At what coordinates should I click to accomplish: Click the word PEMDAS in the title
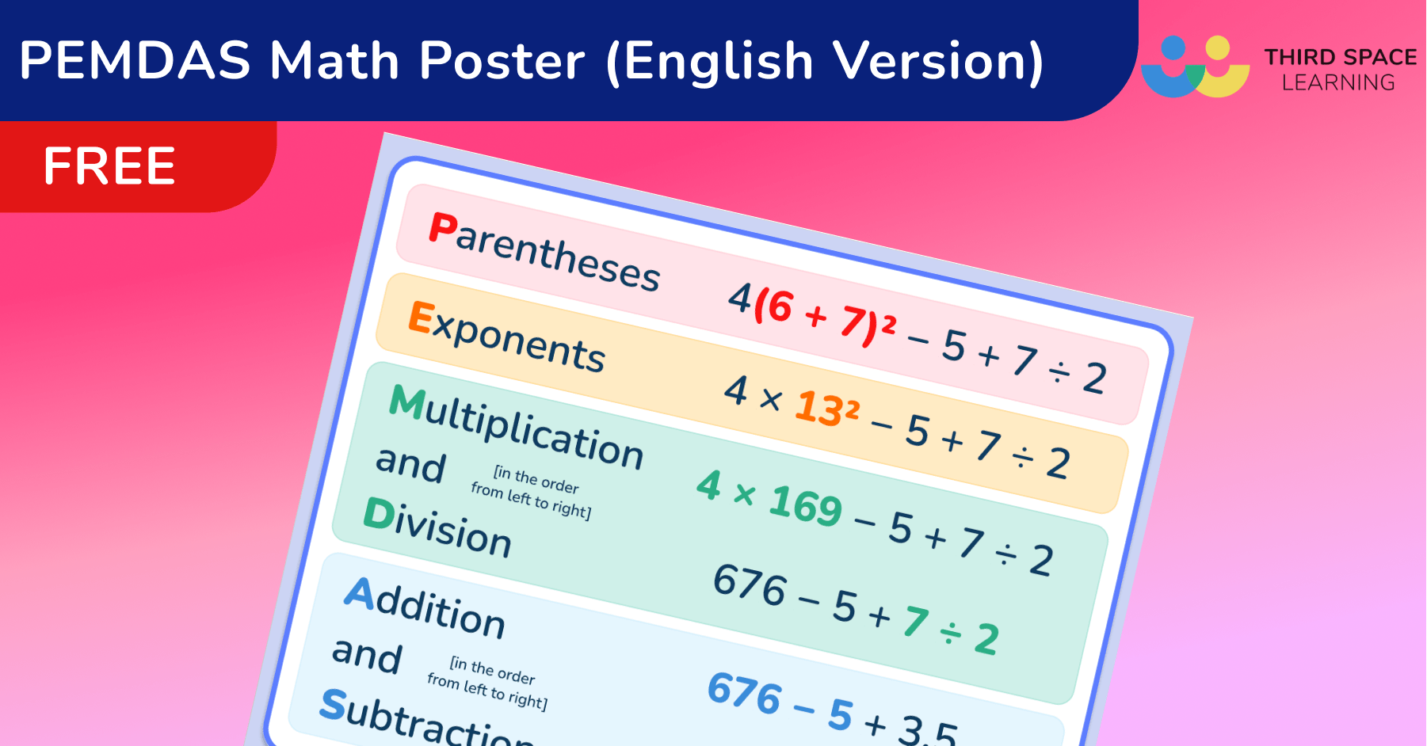pyautogui.click(x=135, y=61)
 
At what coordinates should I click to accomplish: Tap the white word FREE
pyautogui.click(x=109, y=166)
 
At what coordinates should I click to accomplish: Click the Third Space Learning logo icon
pyautogui.click(x=1195, y=67)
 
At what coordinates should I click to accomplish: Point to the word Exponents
pyautogui.click(x=507, y=337)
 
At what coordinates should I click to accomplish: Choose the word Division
pyautogui.click(x=437, y=527)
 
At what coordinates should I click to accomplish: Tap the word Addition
pyautogui.click(x=425, y=608)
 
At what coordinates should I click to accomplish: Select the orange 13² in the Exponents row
pyautogui.click(x=826, y=409)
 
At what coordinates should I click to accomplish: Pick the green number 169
pyautogui.click(x=805, y=505)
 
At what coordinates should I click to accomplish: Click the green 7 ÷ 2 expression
pyautogui.click(x=951, y=630)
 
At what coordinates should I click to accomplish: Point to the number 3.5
pyautogui.click(x=927, y=730)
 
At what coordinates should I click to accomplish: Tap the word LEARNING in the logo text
pyautogui.click(x=1338, y=82)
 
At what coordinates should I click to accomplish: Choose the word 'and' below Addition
pyautogui.click(x=367, y=655)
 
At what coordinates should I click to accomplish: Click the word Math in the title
pyautogui.click(x=334, y=61)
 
